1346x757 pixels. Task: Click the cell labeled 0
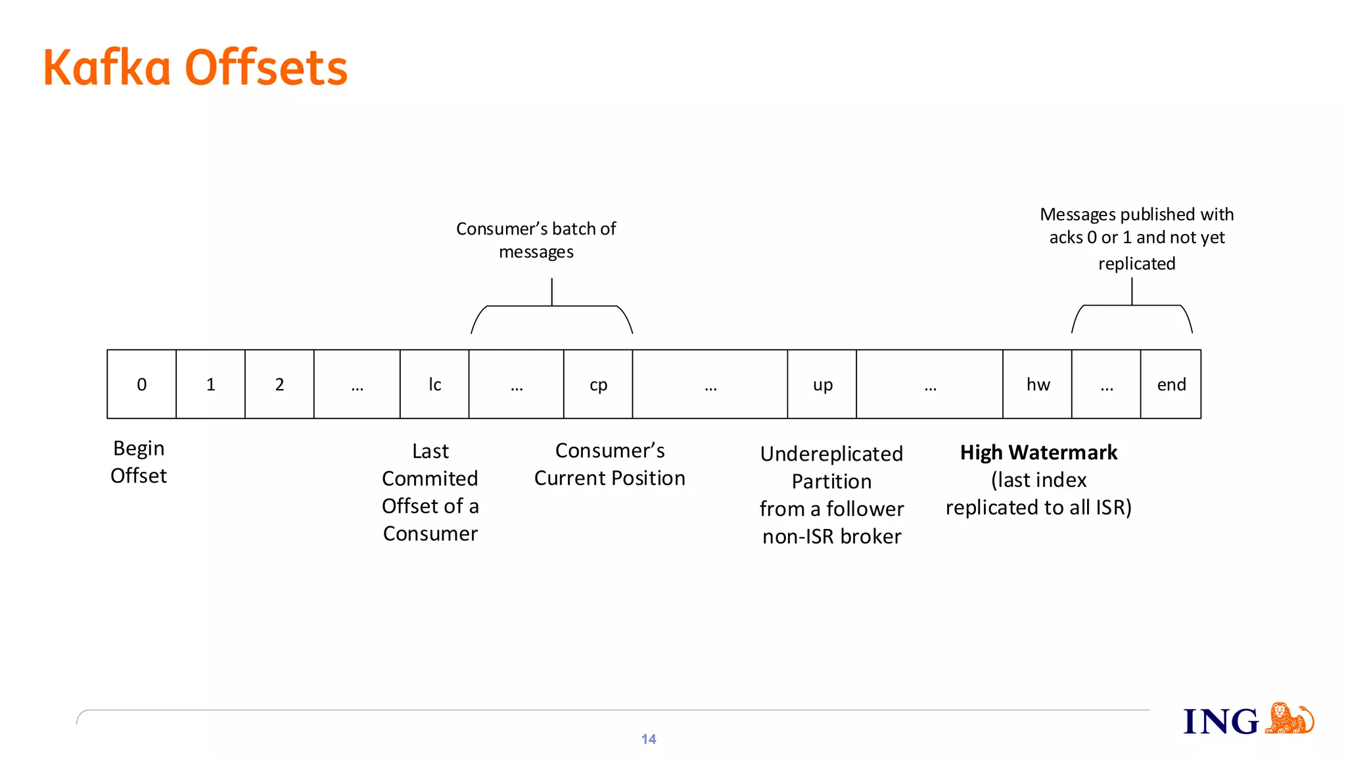141,384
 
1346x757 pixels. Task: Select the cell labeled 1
210,384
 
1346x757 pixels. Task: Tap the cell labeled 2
279,384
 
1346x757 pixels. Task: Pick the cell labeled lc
434,384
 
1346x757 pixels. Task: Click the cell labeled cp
598,384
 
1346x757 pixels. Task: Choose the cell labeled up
822,384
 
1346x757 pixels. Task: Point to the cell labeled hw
1038,384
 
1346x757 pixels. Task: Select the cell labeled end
1171,384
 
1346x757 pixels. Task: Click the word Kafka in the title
106,68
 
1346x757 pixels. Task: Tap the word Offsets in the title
266,68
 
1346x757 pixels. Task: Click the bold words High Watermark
1038,453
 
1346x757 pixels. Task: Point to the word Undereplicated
831,454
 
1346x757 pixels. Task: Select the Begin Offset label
139,462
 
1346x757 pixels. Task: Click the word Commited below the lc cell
430,479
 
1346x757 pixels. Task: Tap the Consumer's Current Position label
610,465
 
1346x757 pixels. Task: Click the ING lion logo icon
1289,718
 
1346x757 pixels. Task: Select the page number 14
649,739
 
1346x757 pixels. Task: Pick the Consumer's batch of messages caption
536,240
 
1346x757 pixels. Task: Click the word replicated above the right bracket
1136,264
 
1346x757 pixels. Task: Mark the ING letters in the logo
1221,722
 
